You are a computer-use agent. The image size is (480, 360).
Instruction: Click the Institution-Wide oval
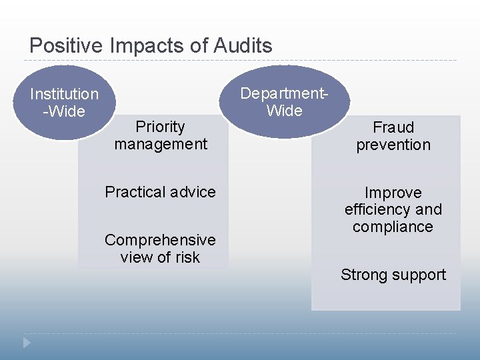[64, 103]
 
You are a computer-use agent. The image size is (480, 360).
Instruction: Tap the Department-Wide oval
[285, 101]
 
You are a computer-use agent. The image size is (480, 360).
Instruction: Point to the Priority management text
[160, 135]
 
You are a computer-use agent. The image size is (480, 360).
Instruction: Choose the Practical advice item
[160, 192]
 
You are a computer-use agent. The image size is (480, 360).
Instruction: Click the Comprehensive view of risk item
[160, 248]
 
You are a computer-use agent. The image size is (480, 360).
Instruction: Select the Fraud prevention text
[393, 136]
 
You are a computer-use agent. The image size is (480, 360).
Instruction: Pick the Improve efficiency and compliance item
[393, 209]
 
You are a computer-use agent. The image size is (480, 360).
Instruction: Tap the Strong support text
[393, 275]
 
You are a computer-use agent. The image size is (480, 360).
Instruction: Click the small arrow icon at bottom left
[27, 342]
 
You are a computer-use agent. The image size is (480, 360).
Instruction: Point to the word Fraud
[393, 127]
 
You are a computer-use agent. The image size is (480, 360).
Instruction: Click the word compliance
[393, 227]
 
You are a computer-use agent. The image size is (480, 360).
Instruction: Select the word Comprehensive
[160, 239]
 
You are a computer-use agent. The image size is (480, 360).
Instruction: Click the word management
[160, 144]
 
